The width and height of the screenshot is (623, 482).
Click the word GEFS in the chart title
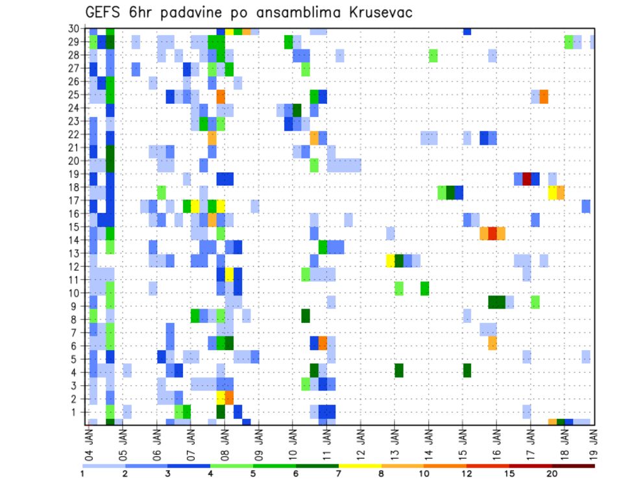pos(104,12)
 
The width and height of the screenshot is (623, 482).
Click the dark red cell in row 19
pos(527,178)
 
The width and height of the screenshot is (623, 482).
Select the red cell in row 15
pos(493,233)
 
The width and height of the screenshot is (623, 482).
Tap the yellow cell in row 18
pos(552,192)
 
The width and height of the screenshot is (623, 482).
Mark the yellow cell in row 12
pos(391,260)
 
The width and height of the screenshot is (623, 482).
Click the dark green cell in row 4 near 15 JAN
pos(467,370)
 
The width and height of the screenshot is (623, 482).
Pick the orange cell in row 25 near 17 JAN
pos(544,96)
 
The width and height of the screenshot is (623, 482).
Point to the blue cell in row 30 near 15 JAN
pos(467,31)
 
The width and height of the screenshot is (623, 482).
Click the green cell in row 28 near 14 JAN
pos(433,56)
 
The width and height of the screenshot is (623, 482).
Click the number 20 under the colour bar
pos(552,473)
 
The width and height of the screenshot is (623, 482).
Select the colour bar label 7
pos(338,473)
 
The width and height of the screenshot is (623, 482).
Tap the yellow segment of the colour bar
pos(360,465)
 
